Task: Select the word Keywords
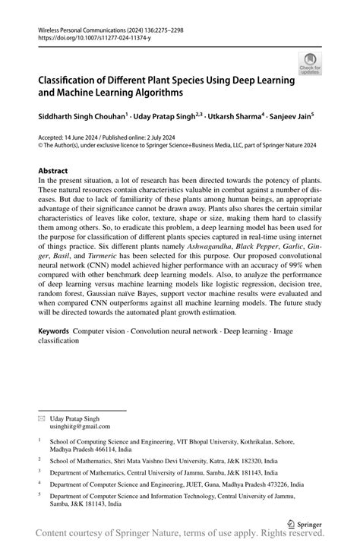[x=55, y=332]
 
